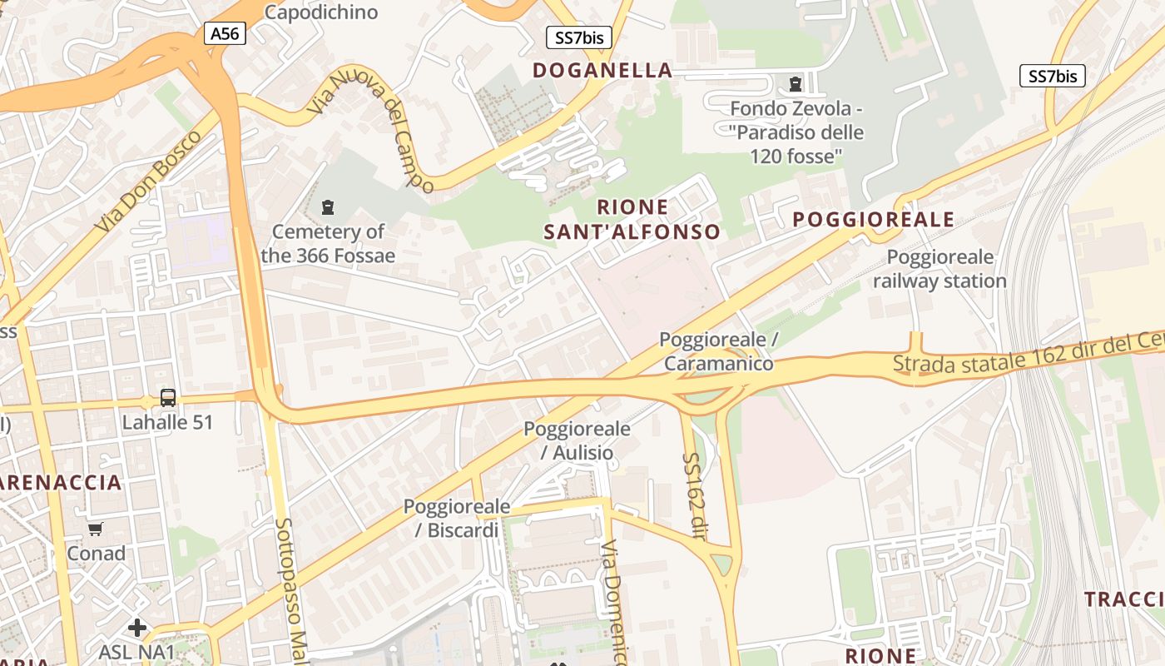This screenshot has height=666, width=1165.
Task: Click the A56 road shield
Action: pyautogui.click(x=225, y=33)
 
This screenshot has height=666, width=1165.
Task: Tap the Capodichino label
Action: pyautogui.click(x=320, y=12)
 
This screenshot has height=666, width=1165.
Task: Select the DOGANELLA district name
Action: pyautogui.click(x=602, y=70)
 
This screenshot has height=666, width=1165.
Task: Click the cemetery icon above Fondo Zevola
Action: pyautogui.click(x=796, y=83)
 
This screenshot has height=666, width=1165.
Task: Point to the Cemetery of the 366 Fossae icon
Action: pyautogui.click(x=328, y=206)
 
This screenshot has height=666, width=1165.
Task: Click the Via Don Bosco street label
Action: pyautogui.click(x=147, y=181)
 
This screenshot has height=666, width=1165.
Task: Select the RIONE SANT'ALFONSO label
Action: pyautogui.click(x=632, y=219)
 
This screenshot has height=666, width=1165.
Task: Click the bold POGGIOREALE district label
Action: pyautogui.click(x=873, y=220)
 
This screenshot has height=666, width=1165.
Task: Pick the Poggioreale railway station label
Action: pyautogui.click(x=939, y=268)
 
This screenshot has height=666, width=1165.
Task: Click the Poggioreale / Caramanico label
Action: pyautogui.click(x=719, y=351)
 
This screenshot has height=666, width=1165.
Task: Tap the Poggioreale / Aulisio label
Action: pyautogui.click(x=577, y=440)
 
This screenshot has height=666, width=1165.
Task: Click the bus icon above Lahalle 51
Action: pyautogui.click(x=168, y=397)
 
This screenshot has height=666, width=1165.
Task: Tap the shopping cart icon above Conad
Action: pyautogui.click(x=96, y=529)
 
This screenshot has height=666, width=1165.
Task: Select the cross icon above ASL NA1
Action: pyautogui.click(x=137, y=627)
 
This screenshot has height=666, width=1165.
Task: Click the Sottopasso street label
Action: pyautogui.click(x=291, y=583)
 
